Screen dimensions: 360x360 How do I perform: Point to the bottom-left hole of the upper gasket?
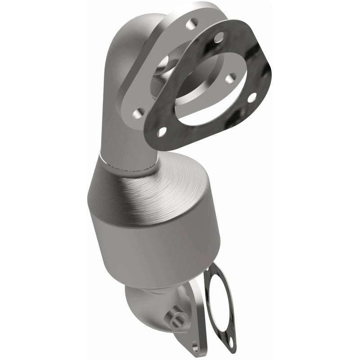[162, 132]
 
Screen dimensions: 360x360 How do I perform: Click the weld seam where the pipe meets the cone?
[130, 169]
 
